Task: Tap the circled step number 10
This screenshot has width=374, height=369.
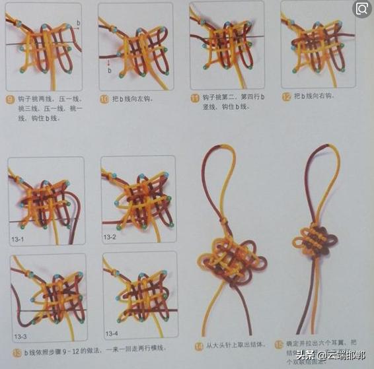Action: point(104,99)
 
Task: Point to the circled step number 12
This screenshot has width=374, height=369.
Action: point(285,96)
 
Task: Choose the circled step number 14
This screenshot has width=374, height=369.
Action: point(199,345)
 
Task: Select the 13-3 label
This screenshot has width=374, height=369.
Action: point(20,337)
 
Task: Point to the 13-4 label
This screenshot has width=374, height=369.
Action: point(112,333)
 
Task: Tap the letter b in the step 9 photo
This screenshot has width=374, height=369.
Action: point(79,22)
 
